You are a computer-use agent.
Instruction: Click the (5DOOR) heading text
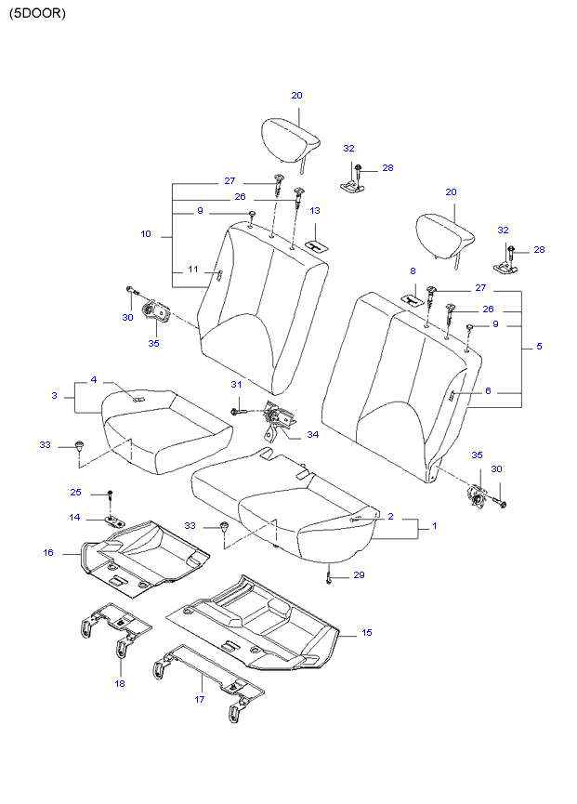click(38, 15)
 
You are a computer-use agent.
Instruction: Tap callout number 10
click(146, 234)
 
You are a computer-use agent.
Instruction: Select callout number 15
click(366, 633)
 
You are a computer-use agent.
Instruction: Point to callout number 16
click(48, 552)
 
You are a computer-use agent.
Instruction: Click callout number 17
click(199, 699)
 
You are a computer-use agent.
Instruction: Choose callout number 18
click(120, 683)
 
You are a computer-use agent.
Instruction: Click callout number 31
click(236, 385)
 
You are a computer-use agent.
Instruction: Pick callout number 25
click(76, 492)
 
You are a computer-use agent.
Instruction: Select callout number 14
click(76, 517)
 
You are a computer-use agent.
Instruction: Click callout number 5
click(539, 347)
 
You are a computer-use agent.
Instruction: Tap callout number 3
click(55, 396)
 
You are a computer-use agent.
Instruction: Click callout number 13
click(315, 211)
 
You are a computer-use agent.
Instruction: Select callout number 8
click(413, 270)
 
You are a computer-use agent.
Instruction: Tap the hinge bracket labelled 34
click(277, 419)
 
